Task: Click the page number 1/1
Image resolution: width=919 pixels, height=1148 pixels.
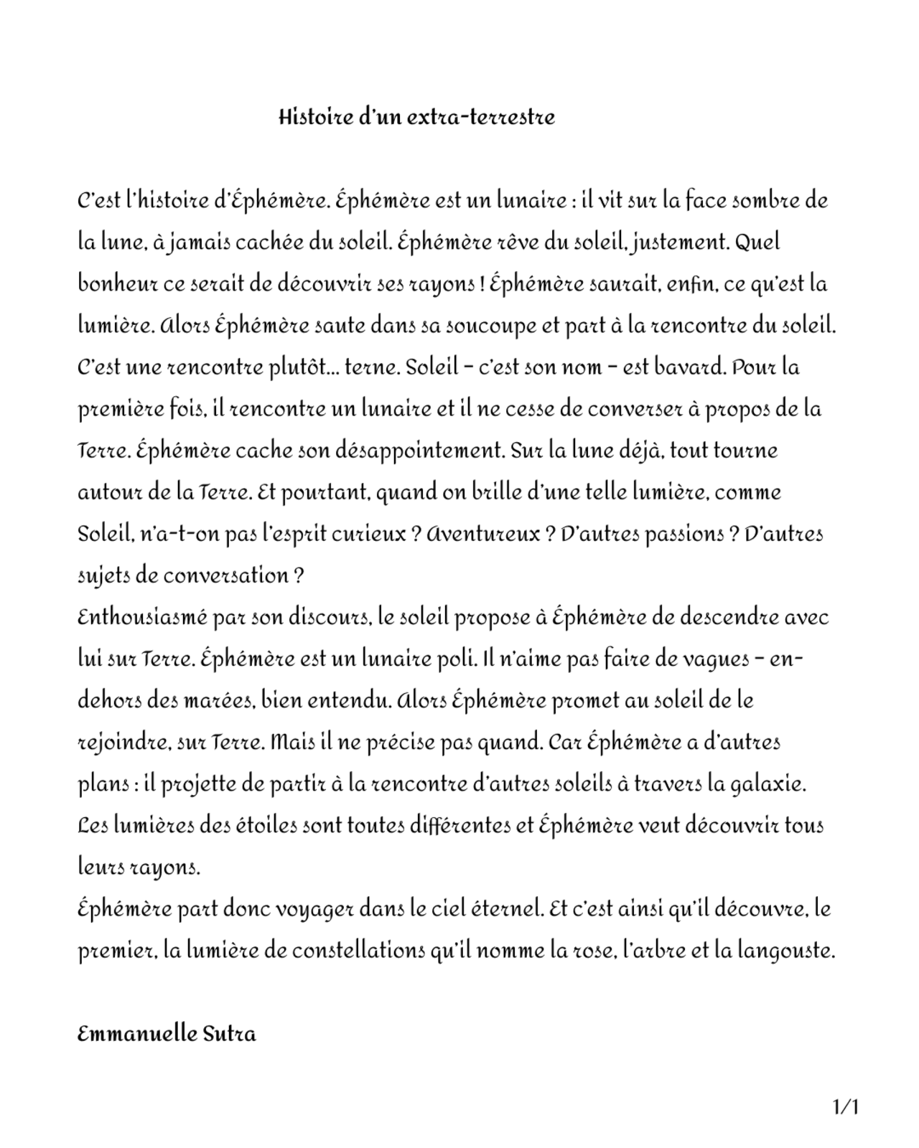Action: pos(845,1106)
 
